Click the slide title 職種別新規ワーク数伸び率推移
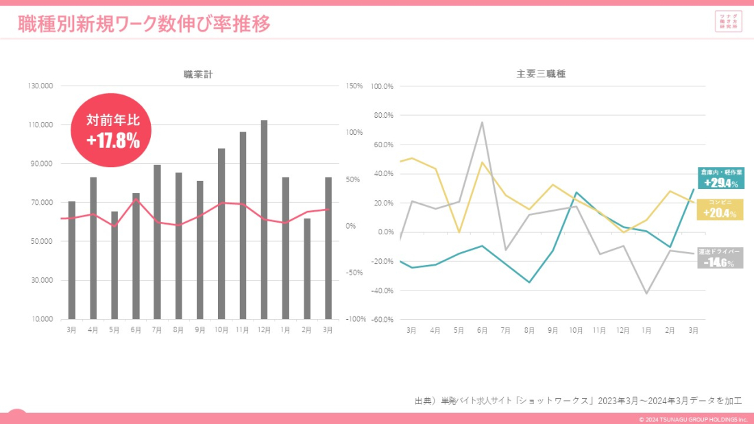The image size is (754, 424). click(144, 24)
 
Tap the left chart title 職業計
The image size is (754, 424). click(198, 74)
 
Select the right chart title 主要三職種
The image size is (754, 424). click(541, 74)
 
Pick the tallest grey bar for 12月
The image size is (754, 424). click(264, 219)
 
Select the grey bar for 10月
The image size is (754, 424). click(221, 234)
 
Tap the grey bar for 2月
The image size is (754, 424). click(307, 269)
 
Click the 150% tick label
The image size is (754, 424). click(354, 86)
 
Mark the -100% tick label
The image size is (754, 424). click(354, 319)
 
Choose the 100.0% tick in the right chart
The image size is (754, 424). click(381, 86)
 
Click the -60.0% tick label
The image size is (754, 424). click(381, 319)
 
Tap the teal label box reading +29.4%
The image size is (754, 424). click(720, 178)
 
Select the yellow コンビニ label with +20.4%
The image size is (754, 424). click(720, 210)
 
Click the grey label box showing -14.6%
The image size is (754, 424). click(720, 258)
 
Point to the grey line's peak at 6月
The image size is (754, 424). click(482, 123)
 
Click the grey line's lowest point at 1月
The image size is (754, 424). click(646, 293)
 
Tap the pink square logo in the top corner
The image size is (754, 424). click(728, 21)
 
